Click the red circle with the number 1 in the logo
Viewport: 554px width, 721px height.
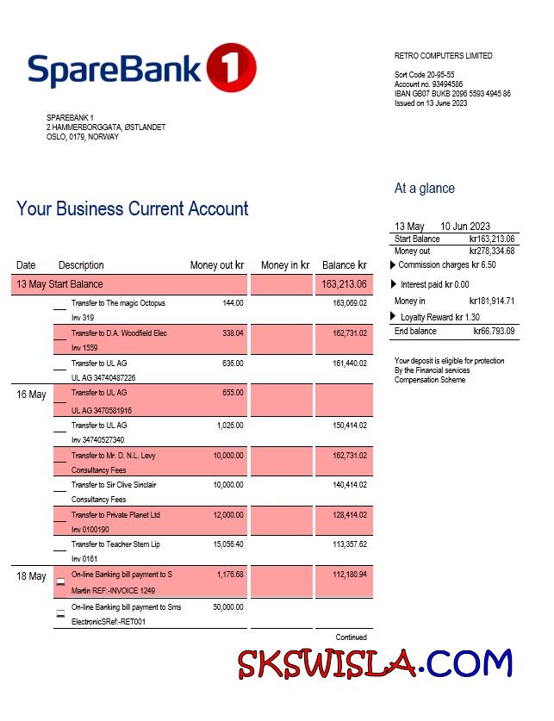coord(232,66)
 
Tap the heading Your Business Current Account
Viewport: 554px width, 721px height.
coord(132,208)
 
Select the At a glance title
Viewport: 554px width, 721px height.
coord(424,189)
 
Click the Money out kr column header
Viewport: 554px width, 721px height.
coord(217,265)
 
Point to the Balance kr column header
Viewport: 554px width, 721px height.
coord(344,265)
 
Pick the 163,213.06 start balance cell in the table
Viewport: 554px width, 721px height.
coord(344,284)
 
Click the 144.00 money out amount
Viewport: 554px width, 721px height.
coord(233,303)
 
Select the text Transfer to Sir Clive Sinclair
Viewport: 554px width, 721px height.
coord(114,485)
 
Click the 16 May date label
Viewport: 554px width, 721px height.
coord(31,395)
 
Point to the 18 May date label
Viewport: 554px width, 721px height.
coord(31,576)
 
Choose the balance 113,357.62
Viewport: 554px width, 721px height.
coord(349,544)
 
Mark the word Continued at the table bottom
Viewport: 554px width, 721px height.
coord(351,637)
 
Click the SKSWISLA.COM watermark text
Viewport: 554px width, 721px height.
coord(375,664)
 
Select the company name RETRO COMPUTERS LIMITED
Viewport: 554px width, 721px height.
coord(443,56)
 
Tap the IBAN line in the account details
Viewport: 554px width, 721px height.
coord(451,94)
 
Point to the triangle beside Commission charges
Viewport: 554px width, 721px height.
coord(392,264)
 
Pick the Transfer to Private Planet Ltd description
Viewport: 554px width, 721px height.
coord(115,515)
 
